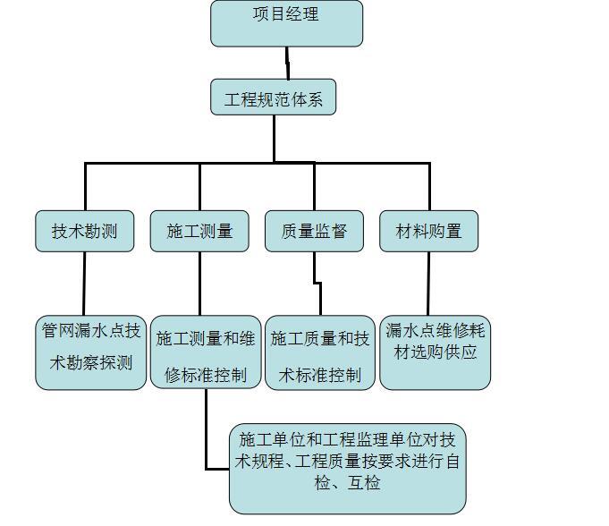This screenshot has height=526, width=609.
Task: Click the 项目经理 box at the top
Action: tap(286, 23)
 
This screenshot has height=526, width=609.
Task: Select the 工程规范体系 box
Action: tap(274, 98)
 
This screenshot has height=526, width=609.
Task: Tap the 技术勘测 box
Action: tap(85, 231)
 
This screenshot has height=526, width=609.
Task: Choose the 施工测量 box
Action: tap(199, 231)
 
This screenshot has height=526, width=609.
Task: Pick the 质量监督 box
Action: tap(314, 231)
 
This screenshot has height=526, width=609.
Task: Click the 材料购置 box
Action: tap(428, 231)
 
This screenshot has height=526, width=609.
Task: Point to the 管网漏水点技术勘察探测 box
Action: tap(90, 352)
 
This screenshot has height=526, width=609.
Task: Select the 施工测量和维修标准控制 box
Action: tap(206, 352)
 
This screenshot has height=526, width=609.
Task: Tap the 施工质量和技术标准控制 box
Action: tap(319, 352)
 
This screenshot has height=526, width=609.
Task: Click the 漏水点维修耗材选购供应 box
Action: tap(435, 352)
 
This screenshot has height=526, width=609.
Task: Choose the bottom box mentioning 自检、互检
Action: tap(347, 467)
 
